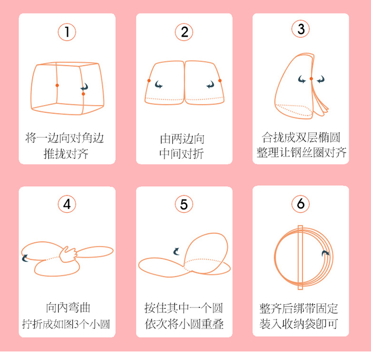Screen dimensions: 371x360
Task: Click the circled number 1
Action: point(67,32)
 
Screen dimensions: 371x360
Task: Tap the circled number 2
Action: point(184,32)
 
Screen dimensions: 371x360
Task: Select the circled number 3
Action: point(300,29)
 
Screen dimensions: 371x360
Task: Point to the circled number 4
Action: point(67,204)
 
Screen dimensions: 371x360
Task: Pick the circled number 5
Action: point(184,204)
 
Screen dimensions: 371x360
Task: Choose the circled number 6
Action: point(300,204)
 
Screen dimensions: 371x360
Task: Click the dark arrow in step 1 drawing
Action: point(85,87)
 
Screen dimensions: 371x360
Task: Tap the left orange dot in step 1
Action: point(57,85)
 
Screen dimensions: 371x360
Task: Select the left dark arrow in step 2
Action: point(158,84)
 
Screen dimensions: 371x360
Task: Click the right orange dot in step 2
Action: point(220,81)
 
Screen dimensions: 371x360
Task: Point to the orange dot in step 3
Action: point(311,79)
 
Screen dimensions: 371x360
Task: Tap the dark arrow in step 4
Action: point(25,258)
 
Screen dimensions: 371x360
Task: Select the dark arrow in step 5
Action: point(176,251)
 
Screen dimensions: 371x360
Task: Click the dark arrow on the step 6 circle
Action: point(325,253)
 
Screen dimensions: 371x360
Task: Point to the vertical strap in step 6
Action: point(300,257)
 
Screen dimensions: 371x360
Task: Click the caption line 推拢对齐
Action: point(66,154)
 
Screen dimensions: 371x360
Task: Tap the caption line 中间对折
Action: point(182,154)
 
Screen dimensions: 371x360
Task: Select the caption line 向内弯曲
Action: point(68,308)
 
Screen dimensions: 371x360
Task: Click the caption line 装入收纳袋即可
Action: point(299,324)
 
